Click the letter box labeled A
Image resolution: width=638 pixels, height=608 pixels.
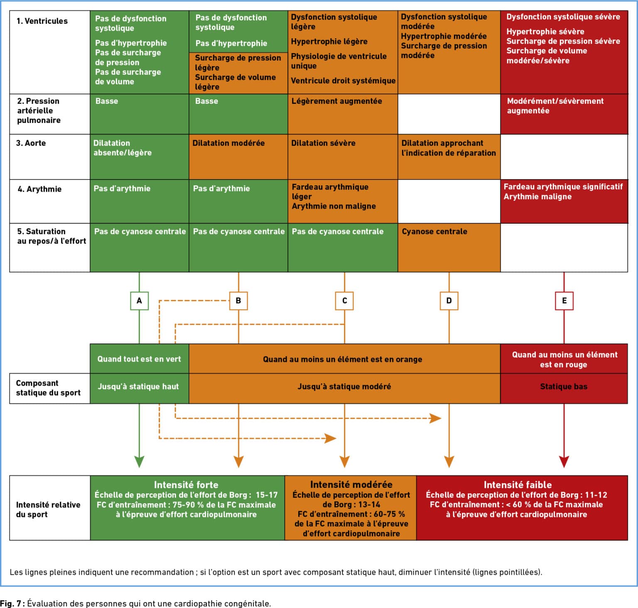(x=139, y=300)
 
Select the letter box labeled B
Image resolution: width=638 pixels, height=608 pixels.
(x=238, y=300)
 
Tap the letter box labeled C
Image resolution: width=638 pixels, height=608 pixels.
(x=344, y=300)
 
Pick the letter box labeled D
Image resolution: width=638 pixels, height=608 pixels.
(x=449, y=300)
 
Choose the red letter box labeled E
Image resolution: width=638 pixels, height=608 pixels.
(x=564, y=300)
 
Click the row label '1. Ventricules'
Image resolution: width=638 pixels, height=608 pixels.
(x=42, y=21)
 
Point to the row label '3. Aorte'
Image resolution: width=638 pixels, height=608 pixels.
(x=31, y=143)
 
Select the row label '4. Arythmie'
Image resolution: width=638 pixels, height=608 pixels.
(x=39, y=189)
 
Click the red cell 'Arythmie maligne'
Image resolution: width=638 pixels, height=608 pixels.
(x=537, y=197)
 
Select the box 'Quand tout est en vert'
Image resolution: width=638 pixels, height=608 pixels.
(x=139, y=359)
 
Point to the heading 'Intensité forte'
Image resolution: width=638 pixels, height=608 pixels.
(x=186, y=485)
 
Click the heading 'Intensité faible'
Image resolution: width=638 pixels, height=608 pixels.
(x=518, y=485)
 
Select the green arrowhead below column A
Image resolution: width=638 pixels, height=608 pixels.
(x=139, y=462)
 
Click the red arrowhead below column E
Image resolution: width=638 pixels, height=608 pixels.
(x=564, y=462)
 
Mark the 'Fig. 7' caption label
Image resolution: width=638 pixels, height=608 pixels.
(x=12, y=603)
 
